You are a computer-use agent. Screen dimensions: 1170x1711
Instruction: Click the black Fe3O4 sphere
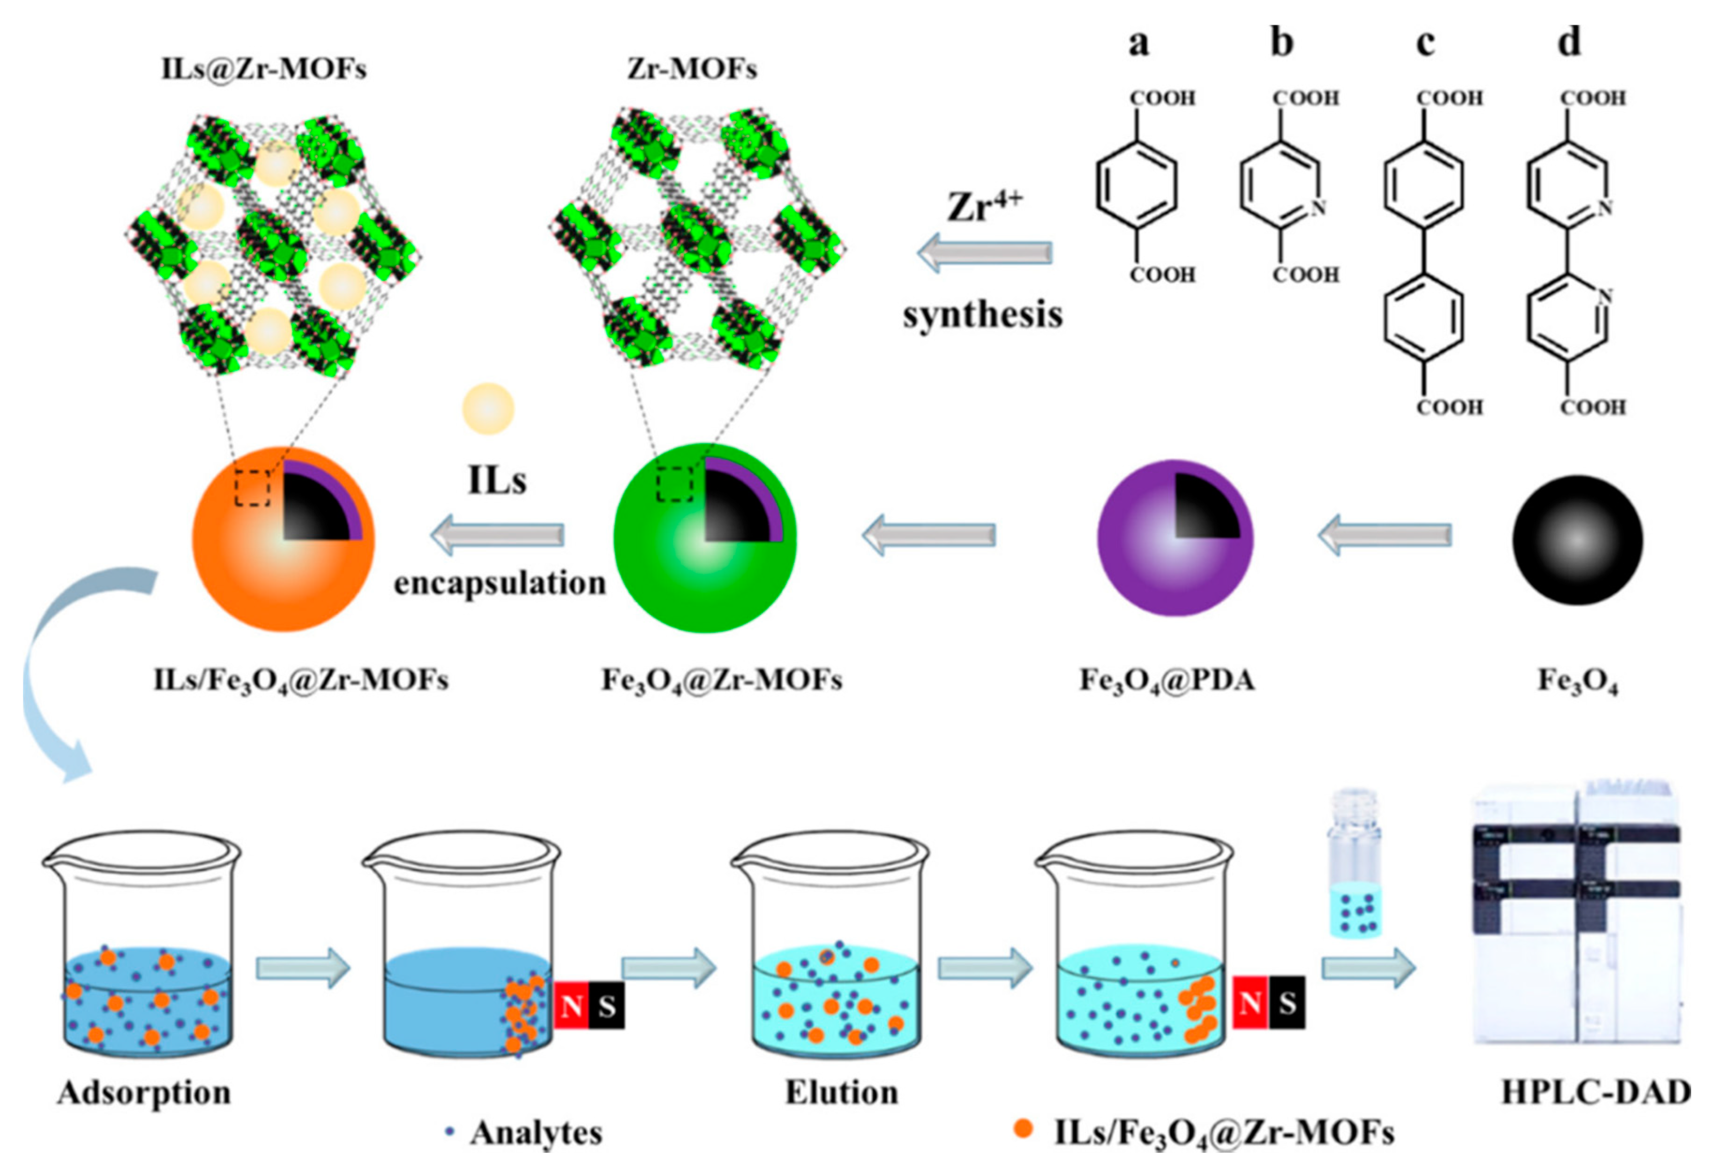pyautogui.click(x=1577, y=539)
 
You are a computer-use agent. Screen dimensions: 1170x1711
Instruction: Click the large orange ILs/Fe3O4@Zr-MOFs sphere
pyautogui.click(x=283, y=539)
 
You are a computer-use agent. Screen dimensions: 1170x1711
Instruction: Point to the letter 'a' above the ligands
pyautogui.click(x=1138, y=43)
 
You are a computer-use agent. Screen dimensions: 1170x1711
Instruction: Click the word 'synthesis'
pyautogui.click(x=983, y=315)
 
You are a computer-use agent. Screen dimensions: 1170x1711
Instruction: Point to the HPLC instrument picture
pyautogui.click(x=1575, y=920)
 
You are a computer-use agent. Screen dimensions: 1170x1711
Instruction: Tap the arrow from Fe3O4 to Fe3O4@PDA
pyautogui.click(x=1384, y=535)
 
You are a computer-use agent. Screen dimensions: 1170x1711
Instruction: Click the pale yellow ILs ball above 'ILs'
pyautogui.click(x=487, y=408)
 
